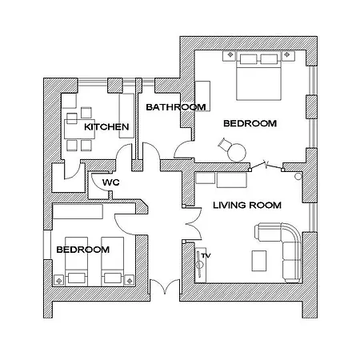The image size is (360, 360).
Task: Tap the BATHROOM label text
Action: (x=176, y=106)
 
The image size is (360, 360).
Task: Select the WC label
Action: (x=111, y=182)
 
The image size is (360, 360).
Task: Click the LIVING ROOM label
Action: (x=247, y=205)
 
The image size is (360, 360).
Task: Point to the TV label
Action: (x=206, y=254)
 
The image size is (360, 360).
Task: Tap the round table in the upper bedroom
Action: (x=238, y=151)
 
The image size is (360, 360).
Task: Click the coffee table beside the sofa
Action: (x=260, y=261)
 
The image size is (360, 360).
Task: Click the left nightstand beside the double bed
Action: (x=226, y=57)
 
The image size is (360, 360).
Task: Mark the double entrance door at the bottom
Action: (x=163, y=287)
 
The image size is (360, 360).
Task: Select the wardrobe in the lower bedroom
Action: (x=78, y=212)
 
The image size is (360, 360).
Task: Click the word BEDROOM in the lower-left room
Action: (x=82, y=250)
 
